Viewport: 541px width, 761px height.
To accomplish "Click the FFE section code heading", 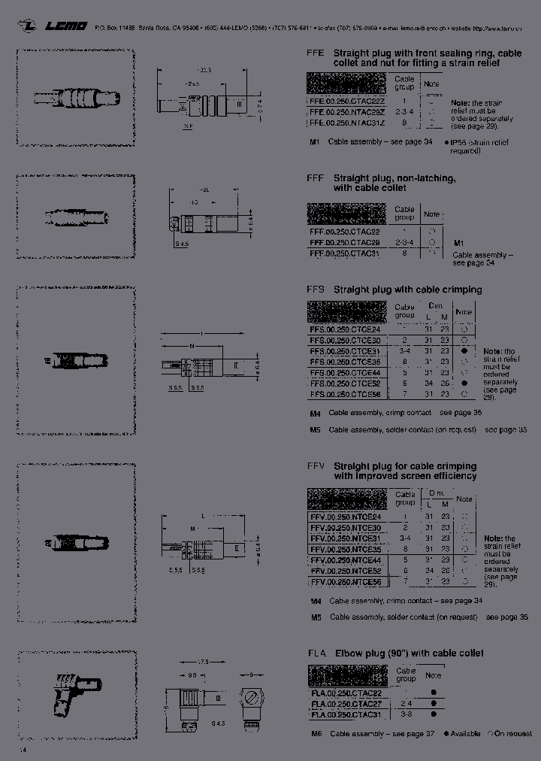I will [x=315, y=53].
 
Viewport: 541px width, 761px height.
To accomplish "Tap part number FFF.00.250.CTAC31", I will [x=345, y=254].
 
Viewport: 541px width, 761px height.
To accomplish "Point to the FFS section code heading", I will [x=316, y=290].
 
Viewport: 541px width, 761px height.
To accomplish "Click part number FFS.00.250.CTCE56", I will [x=345, y=394].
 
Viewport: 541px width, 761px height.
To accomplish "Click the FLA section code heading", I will [x=316, y=653].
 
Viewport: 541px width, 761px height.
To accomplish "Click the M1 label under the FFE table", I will [x=315, y=142].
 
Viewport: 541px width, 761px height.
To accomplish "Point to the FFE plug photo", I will [x=76, y=98].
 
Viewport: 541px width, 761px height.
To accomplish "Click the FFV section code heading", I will [x=316, y=465].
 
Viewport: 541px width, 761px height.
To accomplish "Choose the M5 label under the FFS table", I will [x=316, y=429].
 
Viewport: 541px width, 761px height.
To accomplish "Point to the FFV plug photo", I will [x=76, y=542].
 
